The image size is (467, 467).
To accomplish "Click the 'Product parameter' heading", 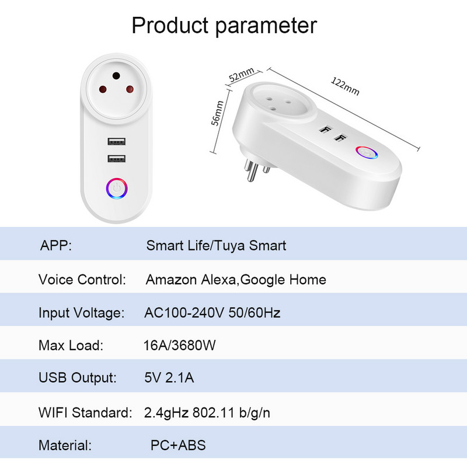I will tap(224, 26).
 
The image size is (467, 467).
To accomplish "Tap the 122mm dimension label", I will tap(345, 85).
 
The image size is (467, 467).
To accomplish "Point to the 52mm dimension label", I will tap(241, 75).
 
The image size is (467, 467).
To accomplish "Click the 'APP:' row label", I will tap(55, 245).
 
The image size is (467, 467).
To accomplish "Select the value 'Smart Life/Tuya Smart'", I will tap(216, 245).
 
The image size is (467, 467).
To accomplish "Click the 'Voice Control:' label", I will tap(82, 280).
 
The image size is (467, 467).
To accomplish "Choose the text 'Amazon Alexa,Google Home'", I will tap(236, 280).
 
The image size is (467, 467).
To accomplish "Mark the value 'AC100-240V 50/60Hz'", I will tap(212, 313).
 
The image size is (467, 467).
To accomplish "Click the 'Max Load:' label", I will tap(71, 346).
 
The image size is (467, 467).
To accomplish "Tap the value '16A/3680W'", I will tap(180, 346).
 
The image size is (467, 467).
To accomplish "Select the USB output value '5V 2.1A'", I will tap(169, 378).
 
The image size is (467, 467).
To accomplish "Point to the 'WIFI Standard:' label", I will tap(85, 413).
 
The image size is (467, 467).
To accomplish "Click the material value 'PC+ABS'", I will tap(178, 446).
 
